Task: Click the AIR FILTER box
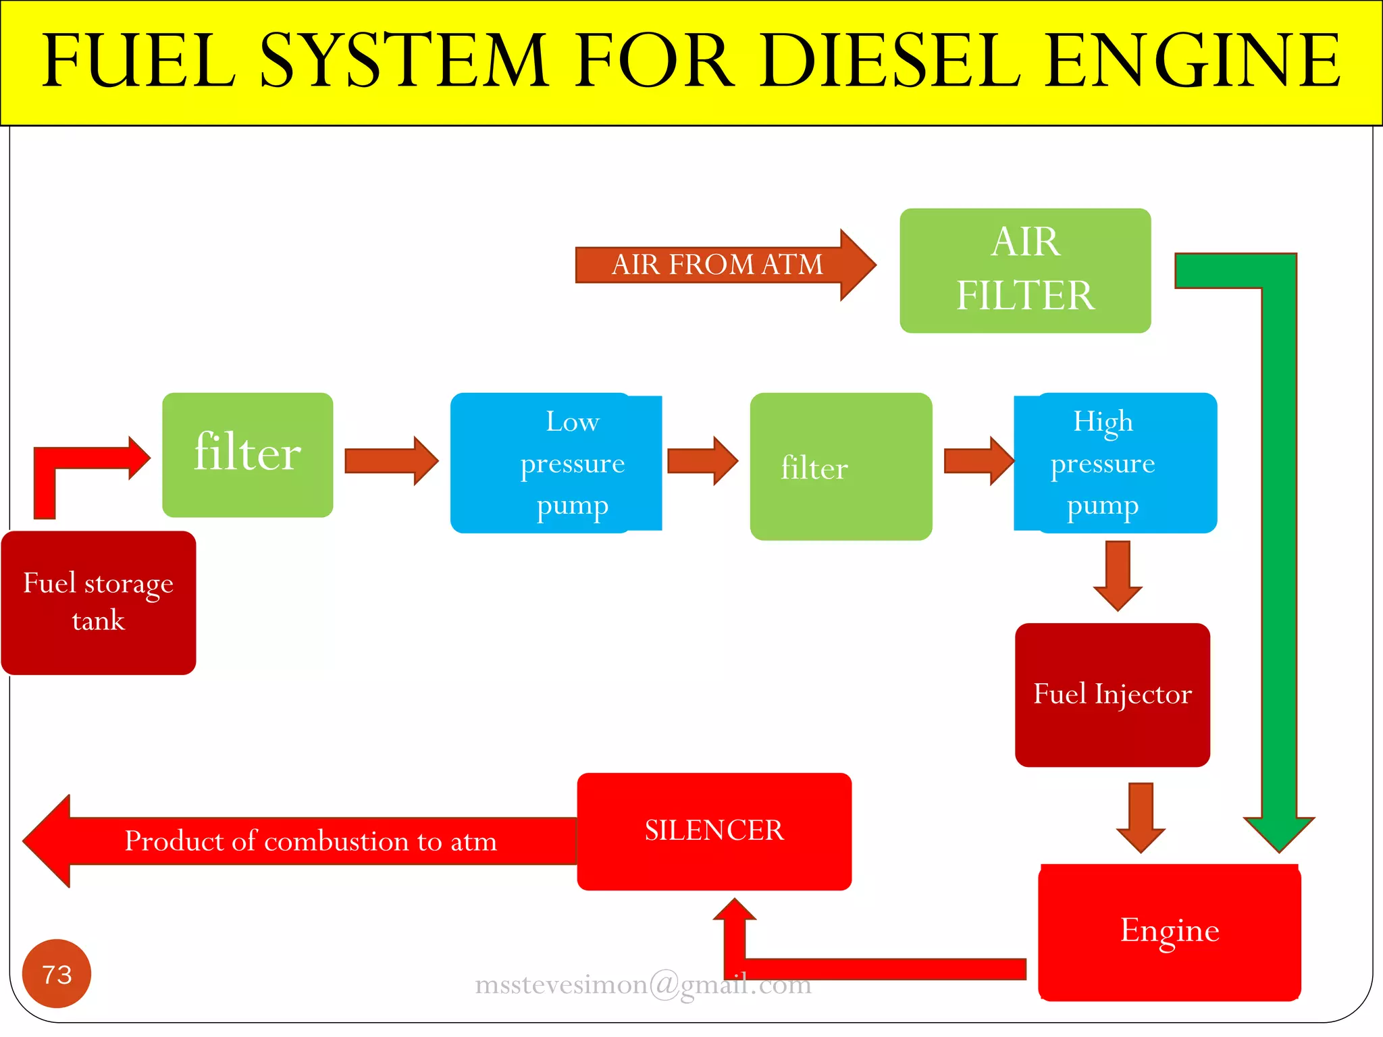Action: coord(1025,270)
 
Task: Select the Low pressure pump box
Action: coord(556,463)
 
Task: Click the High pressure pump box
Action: coord(1116,463)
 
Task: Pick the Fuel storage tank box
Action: coord(99,602)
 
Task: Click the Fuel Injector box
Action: coord(1112,695)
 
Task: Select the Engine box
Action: coord(1170,932)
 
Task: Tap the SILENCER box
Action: coord(714,831)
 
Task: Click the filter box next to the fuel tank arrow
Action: coord(247,454)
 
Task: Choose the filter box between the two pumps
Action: coord(841,467)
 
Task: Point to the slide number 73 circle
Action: coord(57,974)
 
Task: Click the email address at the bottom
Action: coord(643,985)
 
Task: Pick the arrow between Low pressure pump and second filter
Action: coord(702,460)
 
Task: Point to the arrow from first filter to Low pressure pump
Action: coord(390,460)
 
